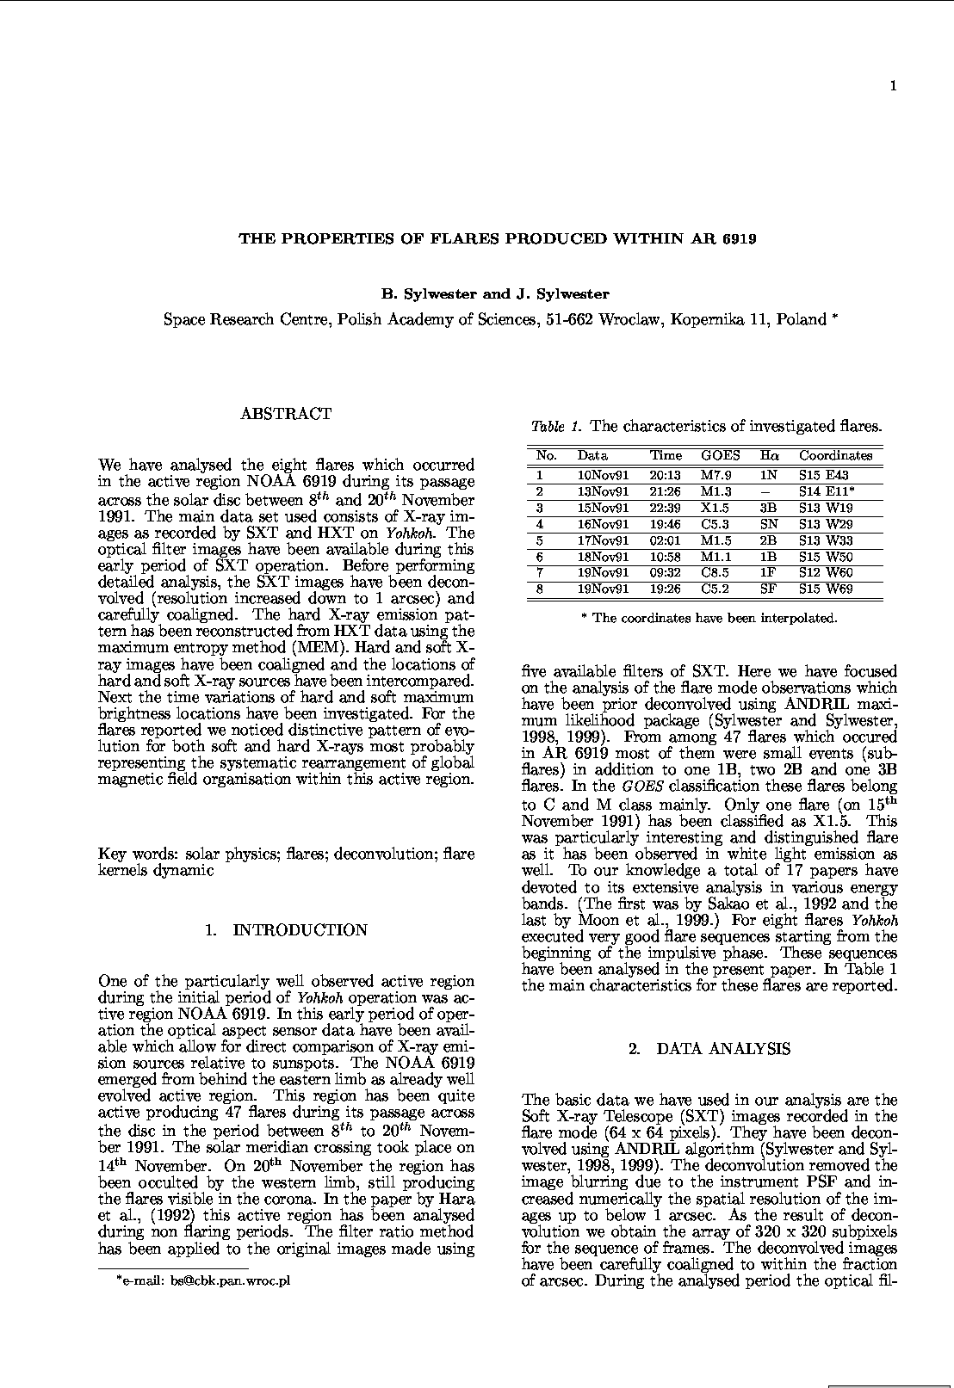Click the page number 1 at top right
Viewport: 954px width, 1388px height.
(x=894, y=85)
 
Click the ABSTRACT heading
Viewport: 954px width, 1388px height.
(x=286, y=414)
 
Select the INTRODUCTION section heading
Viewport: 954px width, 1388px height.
(x=300, y=930)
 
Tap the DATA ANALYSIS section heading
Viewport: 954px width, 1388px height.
(x=722, y=1049)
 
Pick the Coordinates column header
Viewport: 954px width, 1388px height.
(x=835, y=456)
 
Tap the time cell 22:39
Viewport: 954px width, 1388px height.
(x=665, y=508)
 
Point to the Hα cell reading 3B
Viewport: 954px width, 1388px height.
(x=768, y=508)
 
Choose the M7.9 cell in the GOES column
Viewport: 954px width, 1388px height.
(x=716, y=475)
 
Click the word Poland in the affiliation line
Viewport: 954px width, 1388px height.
(x=801, y=320)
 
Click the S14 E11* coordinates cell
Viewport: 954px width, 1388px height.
(x=827, y=491)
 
